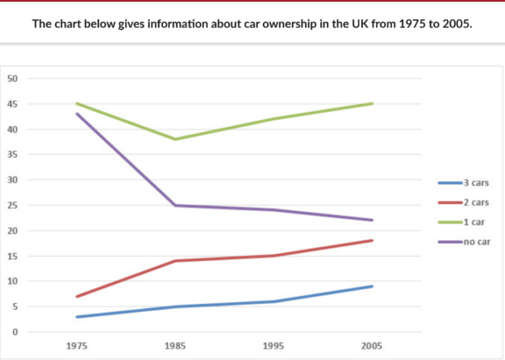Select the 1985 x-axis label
[175, 346]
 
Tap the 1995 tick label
[273, 346]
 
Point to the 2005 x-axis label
[372, 346]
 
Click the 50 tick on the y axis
[12, 79]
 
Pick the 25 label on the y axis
[12, 206]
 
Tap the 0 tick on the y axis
[15, 332]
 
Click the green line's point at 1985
[175, 139]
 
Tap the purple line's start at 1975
[76, 114]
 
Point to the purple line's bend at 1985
[175, 205]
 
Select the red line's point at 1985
[175, 261]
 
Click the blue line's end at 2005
[372, 286]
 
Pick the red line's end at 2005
[372, 240]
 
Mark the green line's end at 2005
[372, 104]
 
